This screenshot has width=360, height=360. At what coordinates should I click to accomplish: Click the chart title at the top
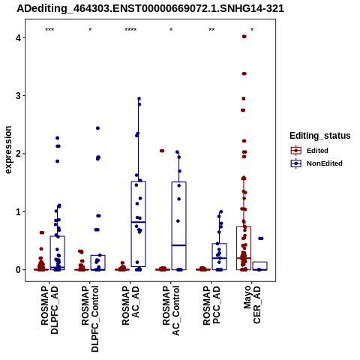click(x=150, y=9)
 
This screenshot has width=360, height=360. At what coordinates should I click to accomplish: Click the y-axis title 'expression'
click(x=8, y=150)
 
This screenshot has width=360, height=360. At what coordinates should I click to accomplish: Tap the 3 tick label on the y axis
click(x=18, y=96)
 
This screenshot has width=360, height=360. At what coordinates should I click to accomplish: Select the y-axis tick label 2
click(x=18, y=154)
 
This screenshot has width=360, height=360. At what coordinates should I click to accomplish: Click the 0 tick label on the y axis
click(x=18, y=270)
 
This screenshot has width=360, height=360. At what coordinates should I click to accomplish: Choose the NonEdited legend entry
click(x=316, y=163)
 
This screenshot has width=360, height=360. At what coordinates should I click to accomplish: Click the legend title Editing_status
click(x=319, y=136)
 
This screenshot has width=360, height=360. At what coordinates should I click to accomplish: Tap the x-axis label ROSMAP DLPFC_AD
click(x=49, y=310)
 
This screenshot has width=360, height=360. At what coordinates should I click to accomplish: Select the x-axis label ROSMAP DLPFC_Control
click(x=90, y=319)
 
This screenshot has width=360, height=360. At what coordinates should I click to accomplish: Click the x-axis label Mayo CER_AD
click(x=252, y=304)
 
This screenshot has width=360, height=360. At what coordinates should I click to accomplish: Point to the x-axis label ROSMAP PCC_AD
click(x=211, y=305)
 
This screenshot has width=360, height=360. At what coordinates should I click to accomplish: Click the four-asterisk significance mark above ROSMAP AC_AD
click(x=130, y=30)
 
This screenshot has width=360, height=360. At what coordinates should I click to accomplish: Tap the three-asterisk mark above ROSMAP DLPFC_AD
click(x=49, y=30)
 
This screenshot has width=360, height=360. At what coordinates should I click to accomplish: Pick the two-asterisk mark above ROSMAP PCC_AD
click(x=211, y=30)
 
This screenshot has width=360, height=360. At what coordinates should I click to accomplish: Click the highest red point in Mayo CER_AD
click(x=244, y=37)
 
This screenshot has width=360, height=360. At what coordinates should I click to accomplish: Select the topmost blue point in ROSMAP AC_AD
click(x=139, y=98)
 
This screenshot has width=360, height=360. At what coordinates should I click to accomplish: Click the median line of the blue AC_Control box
click(x=179, y=245)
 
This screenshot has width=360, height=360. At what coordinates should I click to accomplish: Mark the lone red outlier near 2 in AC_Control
click(x=162, y=151)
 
